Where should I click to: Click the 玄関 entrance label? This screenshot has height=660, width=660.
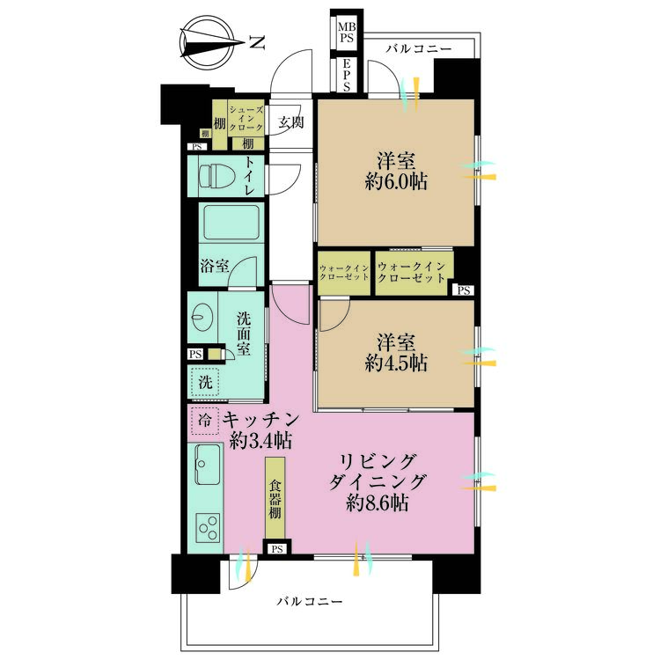(x=291, y=122)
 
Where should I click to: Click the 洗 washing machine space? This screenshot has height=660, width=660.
(x=204, y=382)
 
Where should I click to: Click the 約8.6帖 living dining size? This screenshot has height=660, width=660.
(x=376, y=503)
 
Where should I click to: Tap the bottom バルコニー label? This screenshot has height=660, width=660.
(x=308, y=602)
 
